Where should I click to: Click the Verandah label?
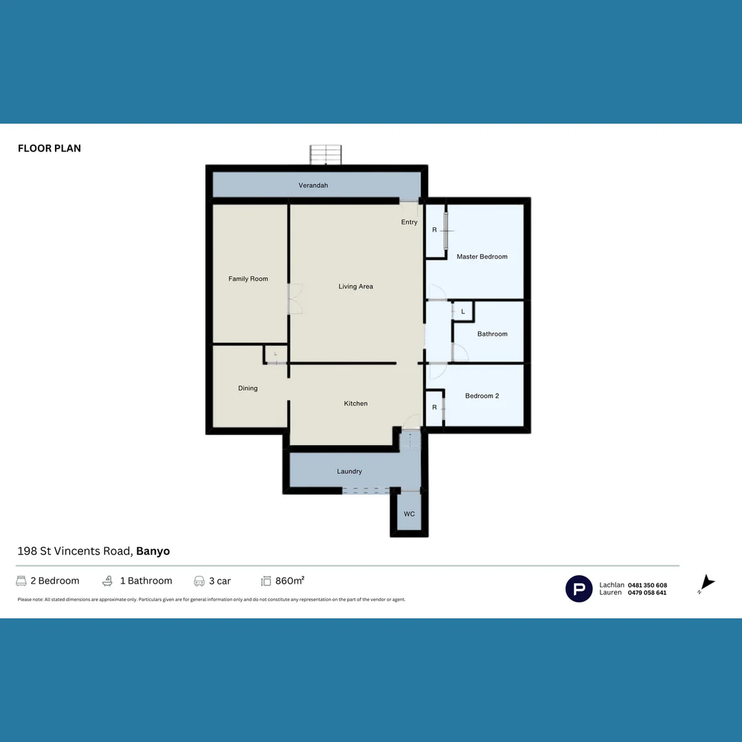313,185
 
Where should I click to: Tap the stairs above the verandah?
326,155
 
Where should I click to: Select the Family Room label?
248,279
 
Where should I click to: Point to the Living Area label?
356,286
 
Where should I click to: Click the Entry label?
409,222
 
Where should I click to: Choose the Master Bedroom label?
482,257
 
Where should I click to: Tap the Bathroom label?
492,334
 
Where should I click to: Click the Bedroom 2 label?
482,396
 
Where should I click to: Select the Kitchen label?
356,403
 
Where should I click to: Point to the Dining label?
248,388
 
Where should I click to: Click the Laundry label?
349,471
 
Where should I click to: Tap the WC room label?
409,514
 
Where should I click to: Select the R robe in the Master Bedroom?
434,230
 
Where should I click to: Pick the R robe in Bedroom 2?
434,407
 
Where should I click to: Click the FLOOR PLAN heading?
49,148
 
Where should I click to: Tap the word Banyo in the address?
153,551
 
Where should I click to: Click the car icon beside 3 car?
199,581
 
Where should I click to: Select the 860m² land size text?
289,581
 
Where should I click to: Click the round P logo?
578,589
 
